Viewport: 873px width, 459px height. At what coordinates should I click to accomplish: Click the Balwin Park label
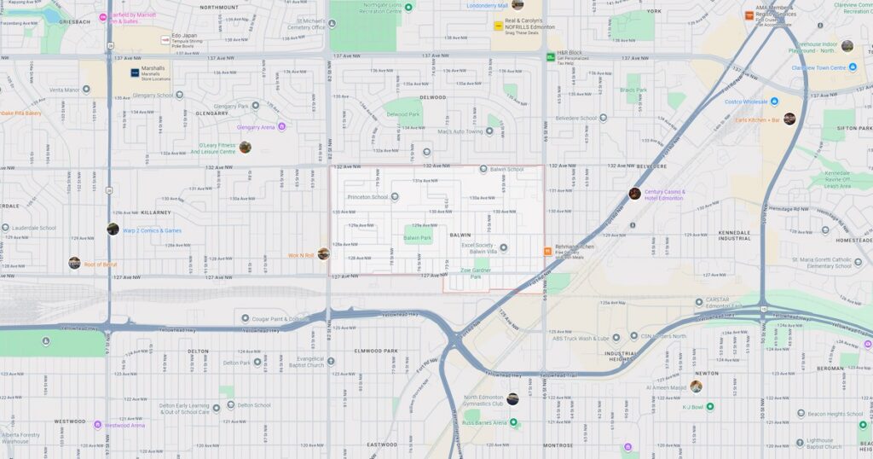[418, 238]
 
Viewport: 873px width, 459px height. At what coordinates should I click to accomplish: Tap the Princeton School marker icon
[395, 197]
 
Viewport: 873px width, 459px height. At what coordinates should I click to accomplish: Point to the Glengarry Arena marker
[281, 127]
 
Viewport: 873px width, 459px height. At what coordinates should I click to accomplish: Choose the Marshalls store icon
[135, 73]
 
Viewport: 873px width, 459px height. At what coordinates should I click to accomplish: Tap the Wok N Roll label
[302, 255]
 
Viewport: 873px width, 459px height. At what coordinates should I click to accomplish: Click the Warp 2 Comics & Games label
[152, 230]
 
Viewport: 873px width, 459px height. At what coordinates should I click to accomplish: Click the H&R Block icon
[551, 56]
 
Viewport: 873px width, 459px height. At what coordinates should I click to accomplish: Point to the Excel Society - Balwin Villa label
[479, 248]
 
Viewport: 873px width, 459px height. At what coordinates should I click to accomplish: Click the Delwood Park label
[403, 113]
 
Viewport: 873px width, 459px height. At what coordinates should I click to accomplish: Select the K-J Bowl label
[697, 407]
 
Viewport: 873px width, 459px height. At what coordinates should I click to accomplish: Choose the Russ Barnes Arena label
[484, 422]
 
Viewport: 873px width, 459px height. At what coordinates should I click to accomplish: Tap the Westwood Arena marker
[97, 425]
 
